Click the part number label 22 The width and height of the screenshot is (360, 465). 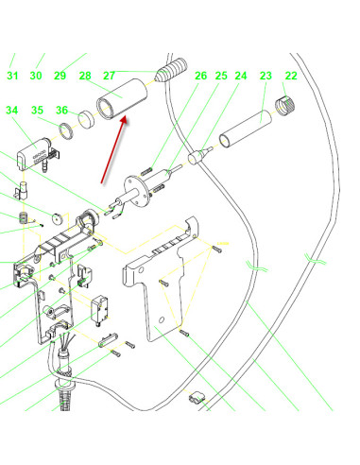coord(291,76)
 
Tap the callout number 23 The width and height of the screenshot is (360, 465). coord(266,76)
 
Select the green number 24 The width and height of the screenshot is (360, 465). coord(241,76)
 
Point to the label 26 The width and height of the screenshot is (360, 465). coord(200,76)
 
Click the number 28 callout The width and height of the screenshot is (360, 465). coord(85,76)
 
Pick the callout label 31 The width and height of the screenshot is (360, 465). coord(12,76)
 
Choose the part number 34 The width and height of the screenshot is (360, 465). coord(12,111)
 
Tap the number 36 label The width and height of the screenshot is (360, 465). coord(61,111)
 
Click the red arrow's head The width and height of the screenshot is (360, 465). coord(124,120)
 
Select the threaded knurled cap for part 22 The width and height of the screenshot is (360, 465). coord(285,106)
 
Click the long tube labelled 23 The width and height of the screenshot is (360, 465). coord(246,129)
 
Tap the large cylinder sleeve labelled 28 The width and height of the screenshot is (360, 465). coord(122,99)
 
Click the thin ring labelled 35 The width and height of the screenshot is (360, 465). coord(66,131)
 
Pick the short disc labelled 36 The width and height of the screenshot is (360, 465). coord(86,119)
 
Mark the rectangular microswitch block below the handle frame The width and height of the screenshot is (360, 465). coord(100,310)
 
